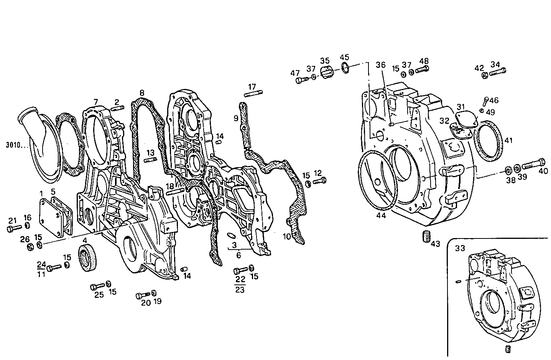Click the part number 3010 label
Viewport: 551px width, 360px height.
(x=15, y=145)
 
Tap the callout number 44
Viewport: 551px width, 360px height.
(x=381, y=216)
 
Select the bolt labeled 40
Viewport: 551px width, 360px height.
(x=534, y=164)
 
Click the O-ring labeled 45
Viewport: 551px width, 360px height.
(x=345, y=68)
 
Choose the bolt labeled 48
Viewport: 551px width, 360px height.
(x=422, y=70)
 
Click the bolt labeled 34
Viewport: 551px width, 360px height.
(x=498, y=72)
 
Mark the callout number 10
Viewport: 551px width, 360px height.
(x=287, y=237)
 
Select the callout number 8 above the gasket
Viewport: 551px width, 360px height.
(x=142, y=93)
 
